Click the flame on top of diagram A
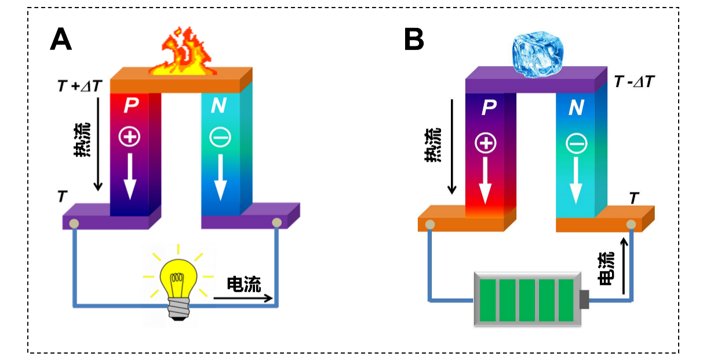[181, 52]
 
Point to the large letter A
[61, 40]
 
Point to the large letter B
[414, 40]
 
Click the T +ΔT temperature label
[79, 86]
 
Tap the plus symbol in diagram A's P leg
[129, 137]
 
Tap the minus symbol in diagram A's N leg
[220, 137]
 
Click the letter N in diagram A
[218, 106]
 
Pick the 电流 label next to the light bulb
[243, 284]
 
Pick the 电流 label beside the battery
[606, 268]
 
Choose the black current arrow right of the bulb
[243, 299]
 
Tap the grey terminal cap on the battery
[584, 299]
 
